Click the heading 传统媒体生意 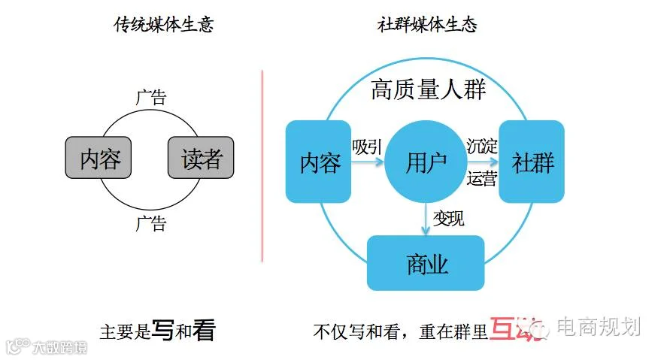coord(163,25)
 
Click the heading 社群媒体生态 coord(426,25)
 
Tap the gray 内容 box coord(101,157)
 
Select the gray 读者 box coord(202,157)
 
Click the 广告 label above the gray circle coord(151,98)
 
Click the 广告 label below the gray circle coord(151,222)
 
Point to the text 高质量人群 coord(428,91)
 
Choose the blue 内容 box coord(320,161)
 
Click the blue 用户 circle coord(426,161)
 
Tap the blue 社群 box coord(532,161)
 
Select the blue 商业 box coord(426,263)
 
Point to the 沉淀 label coord(481,146)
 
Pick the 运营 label coord(481,179)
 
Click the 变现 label coord(449,219)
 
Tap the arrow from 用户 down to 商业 coord(426,219)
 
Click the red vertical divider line coord(262,165)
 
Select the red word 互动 coord(515,329)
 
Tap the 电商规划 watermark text coord(608,327)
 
